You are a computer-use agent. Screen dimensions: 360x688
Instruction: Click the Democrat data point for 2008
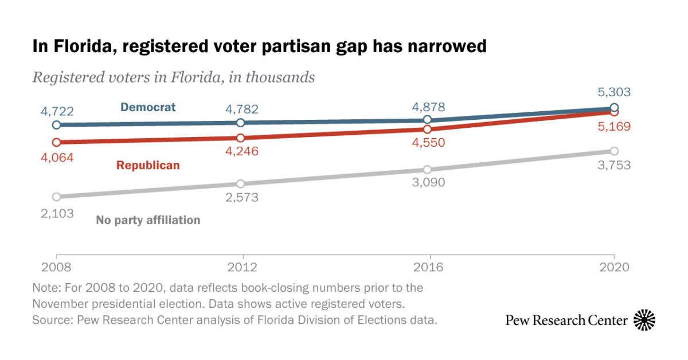56,125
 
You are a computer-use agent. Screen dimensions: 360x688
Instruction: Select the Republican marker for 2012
241,138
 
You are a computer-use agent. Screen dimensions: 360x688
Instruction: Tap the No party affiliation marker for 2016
427,170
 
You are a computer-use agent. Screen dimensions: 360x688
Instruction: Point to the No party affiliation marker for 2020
614,151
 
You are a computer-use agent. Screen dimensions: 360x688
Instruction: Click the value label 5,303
614,92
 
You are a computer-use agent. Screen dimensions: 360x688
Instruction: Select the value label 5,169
614,127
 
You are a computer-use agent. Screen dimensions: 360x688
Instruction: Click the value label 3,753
614,166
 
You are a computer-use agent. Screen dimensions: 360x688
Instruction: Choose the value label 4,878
428,107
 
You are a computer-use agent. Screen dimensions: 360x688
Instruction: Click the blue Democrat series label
148,107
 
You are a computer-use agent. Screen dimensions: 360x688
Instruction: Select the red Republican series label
148,165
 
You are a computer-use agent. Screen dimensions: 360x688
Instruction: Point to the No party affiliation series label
148,220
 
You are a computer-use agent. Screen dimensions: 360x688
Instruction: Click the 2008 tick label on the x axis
56,268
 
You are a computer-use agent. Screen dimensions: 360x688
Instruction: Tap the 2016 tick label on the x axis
428,268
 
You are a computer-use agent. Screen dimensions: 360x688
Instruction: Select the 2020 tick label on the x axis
614,268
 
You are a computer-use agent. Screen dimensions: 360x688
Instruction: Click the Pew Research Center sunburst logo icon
644,320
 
